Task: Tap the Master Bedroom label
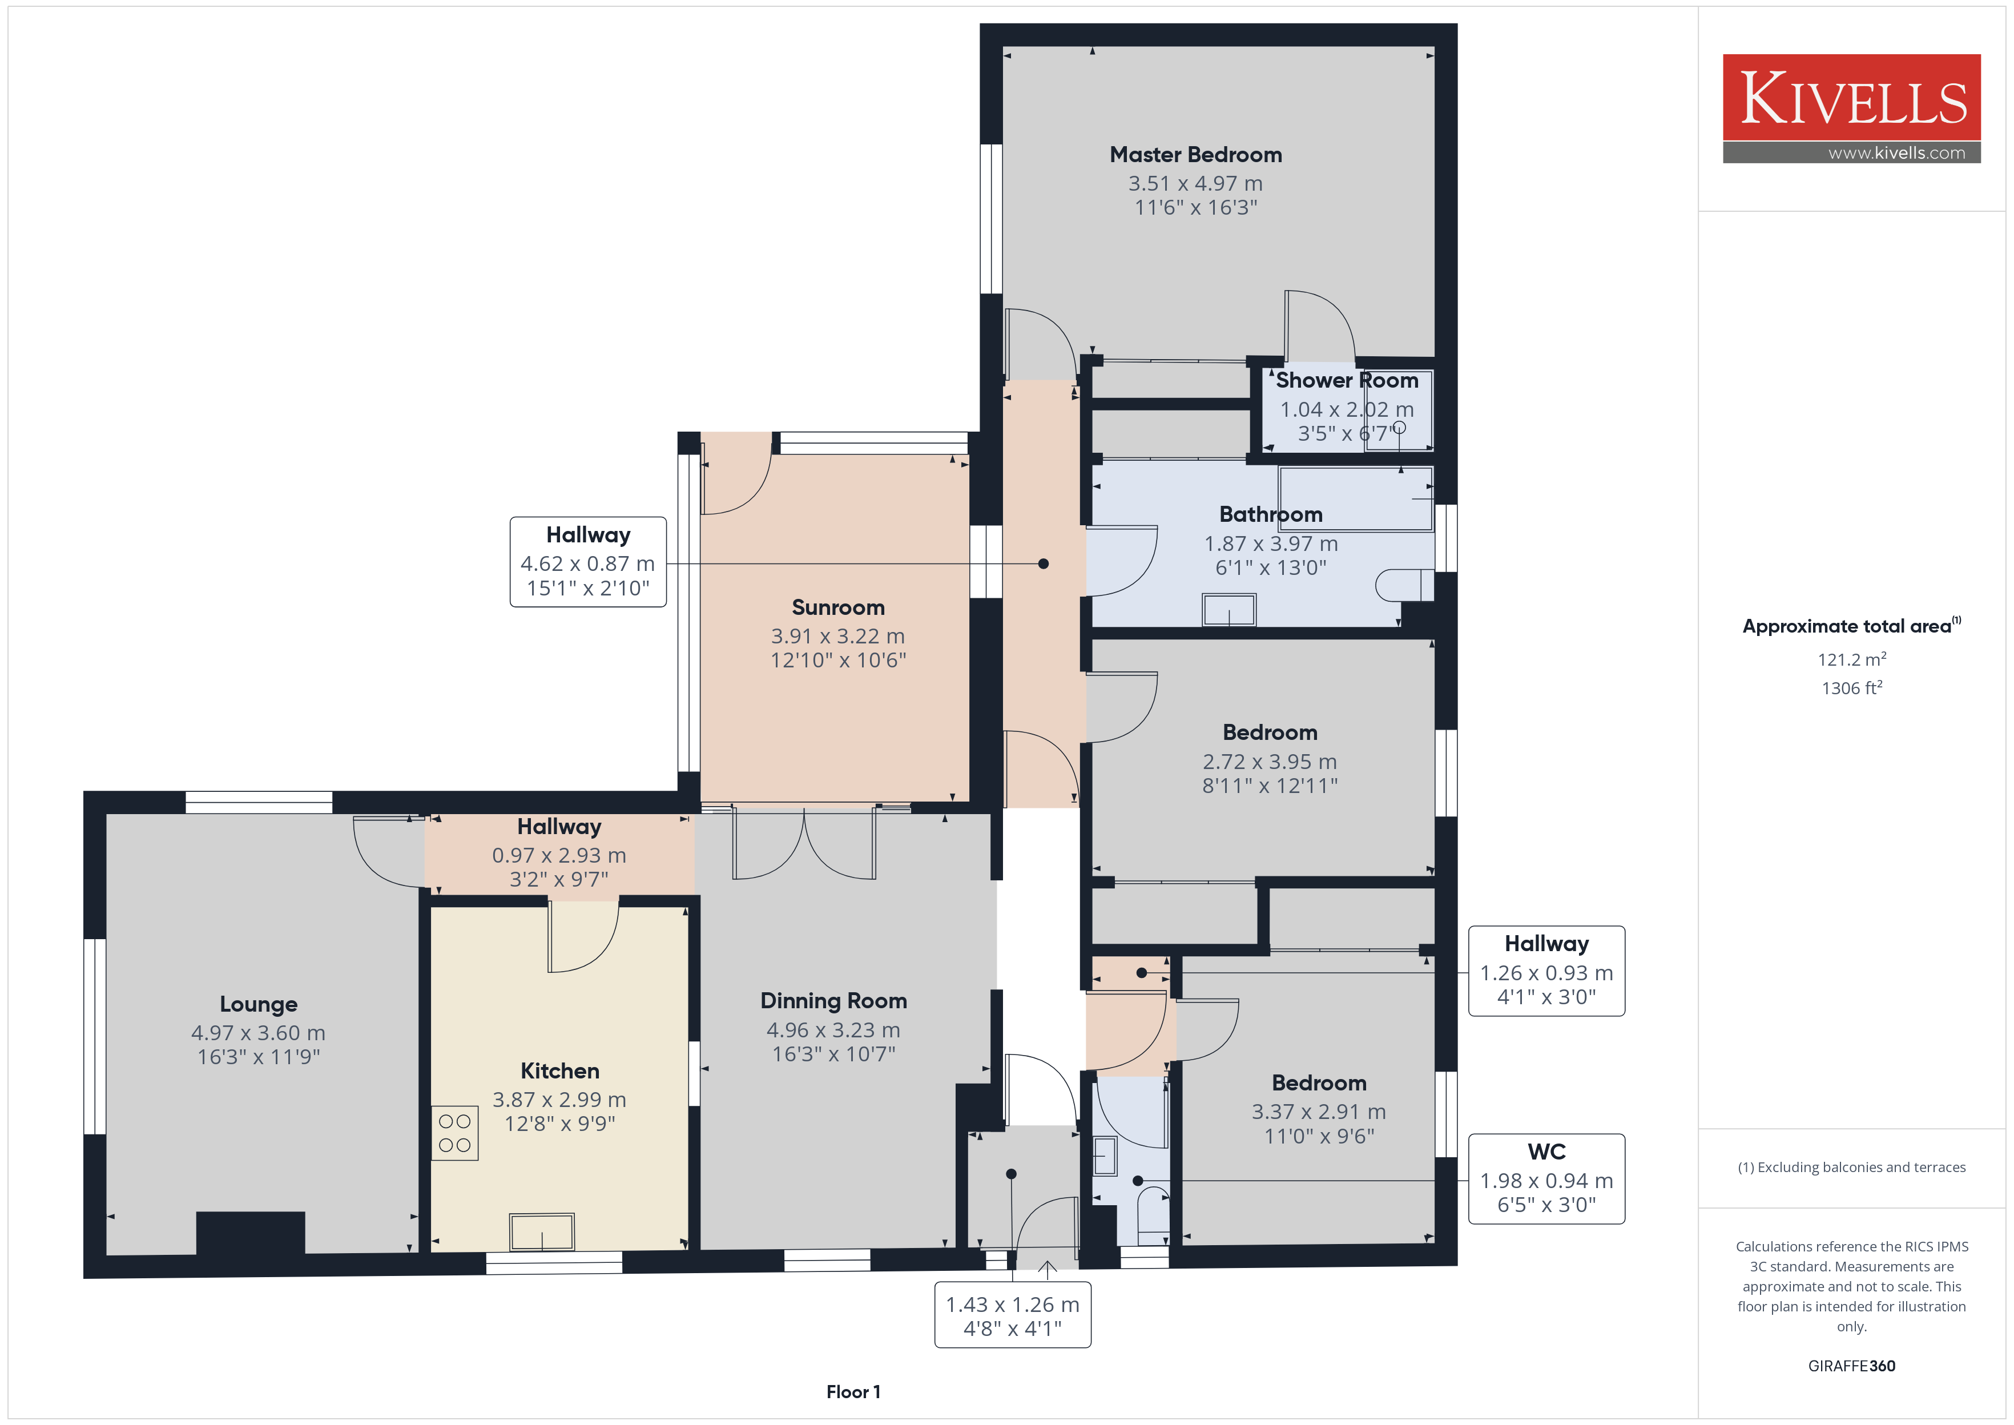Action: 1195,155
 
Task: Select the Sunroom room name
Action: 837,607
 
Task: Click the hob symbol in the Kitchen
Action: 454,1133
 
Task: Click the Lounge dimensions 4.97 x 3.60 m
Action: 258,1033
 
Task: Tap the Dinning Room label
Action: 833,1001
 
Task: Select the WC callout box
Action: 1546,1178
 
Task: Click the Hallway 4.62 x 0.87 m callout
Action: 588,562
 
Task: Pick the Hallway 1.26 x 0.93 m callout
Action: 1546,971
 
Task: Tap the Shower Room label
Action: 1347,380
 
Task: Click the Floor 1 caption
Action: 853,1392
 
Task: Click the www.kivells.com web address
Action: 1896,152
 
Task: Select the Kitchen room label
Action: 559,1070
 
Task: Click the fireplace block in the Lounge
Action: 251,1233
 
